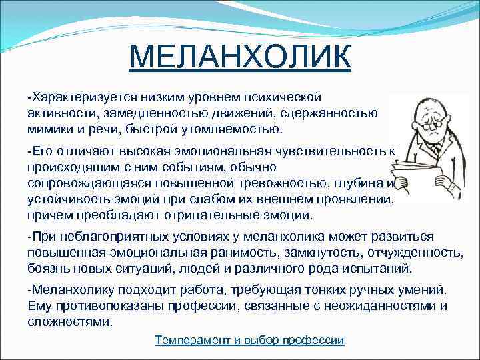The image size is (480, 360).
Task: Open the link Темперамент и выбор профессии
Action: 249,340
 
